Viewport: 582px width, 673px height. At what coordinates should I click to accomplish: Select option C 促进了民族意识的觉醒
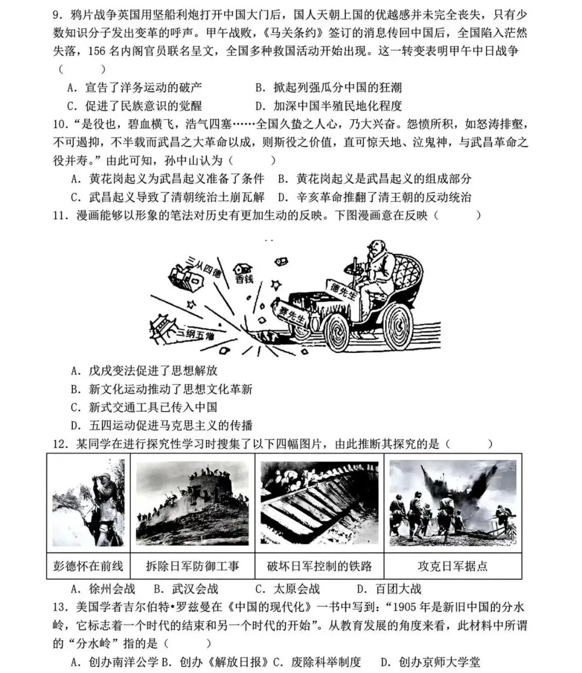tap(135, 106)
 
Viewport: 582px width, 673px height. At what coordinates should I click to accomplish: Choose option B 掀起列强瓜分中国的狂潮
tap(328, 87)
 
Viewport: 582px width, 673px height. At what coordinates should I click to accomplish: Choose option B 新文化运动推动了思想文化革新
tap(162, 389)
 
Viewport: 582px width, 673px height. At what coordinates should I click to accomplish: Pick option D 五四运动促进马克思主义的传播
tap(162, 425)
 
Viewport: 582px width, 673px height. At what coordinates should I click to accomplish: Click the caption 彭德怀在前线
tap(88, 566)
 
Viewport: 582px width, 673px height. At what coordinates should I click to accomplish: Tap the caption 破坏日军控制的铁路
tap(320, 566)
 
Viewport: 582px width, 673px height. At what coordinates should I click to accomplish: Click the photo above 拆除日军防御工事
tap(192, 503)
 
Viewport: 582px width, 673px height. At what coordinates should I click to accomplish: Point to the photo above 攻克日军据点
tap(453, 503)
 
